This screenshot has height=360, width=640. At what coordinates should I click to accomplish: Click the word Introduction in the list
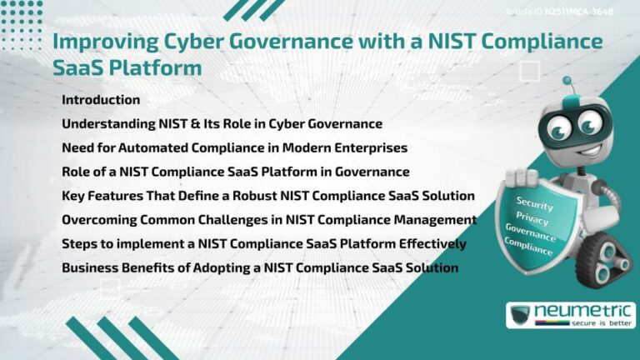(x=101, y=100)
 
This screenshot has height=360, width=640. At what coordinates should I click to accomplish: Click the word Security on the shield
(x=534, y=203)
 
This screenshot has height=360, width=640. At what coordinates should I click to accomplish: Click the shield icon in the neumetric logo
(x=520, y=315)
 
